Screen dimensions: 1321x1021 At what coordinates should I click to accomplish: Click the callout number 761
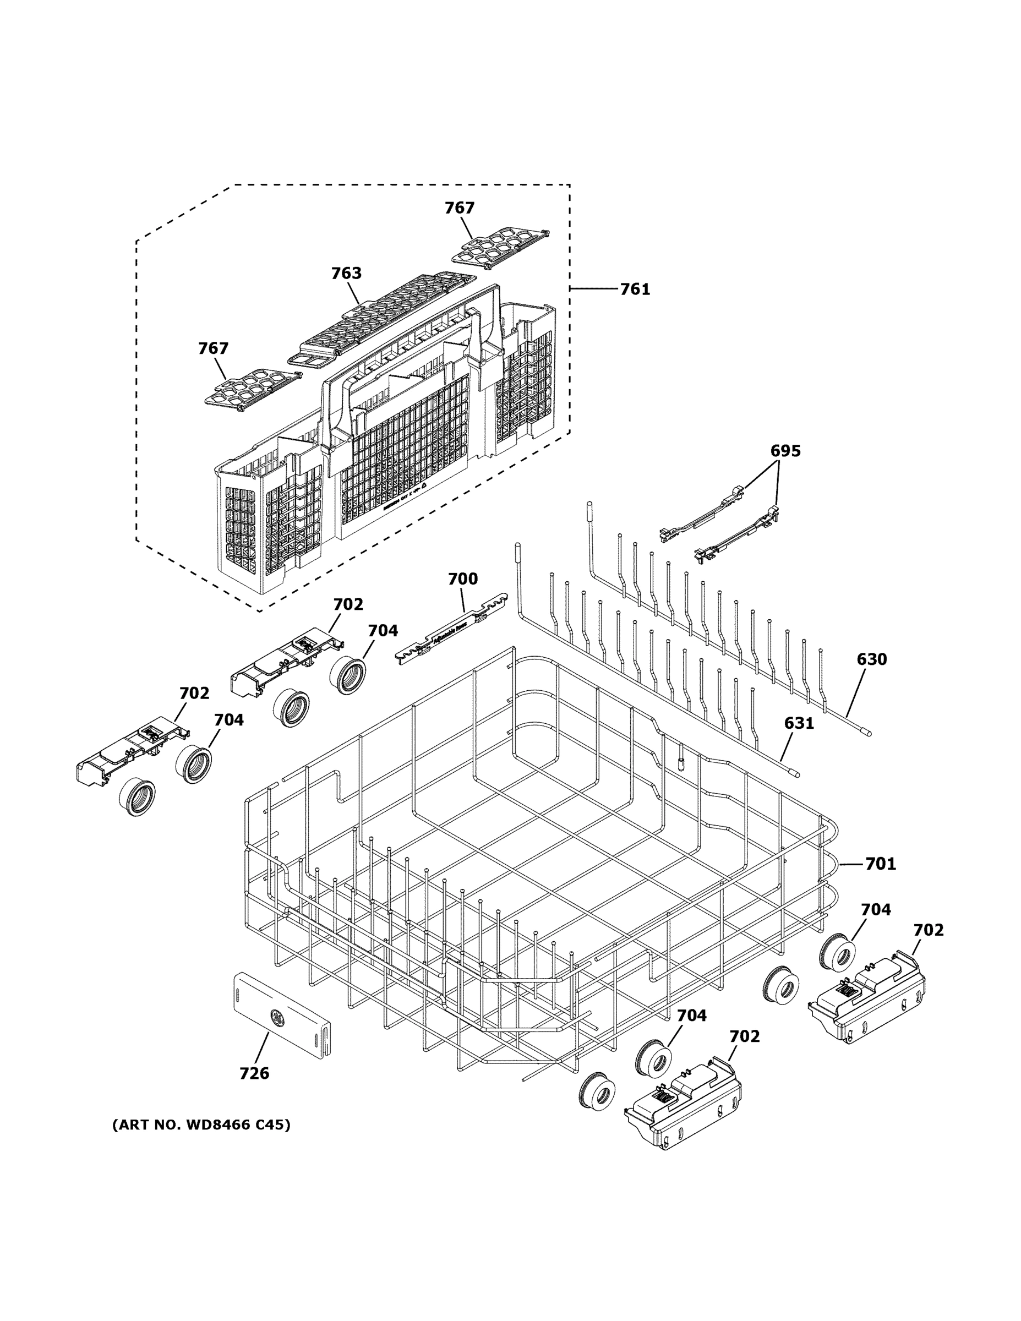coord(635,290)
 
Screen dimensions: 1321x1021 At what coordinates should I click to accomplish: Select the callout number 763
coord(346,274)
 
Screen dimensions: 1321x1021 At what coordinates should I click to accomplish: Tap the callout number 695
coord(785,451)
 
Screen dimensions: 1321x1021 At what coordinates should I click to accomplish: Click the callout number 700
coord(463,579)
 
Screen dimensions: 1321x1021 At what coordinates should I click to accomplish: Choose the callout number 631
coord(799,723)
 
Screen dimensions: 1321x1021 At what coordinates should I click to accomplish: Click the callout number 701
coord(880,864)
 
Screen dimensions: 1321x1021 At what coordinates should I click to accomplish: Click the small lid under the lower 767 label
coord(251,387)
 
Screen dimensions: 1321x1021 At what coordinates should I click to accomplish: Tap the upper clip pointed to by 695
coord(702,514)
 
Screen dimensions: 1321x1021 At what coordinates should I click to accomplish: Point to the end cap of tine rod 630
coord(867,733)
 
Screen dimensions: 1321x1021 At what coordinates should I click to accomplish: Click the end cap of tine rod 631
coord(795,772)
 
